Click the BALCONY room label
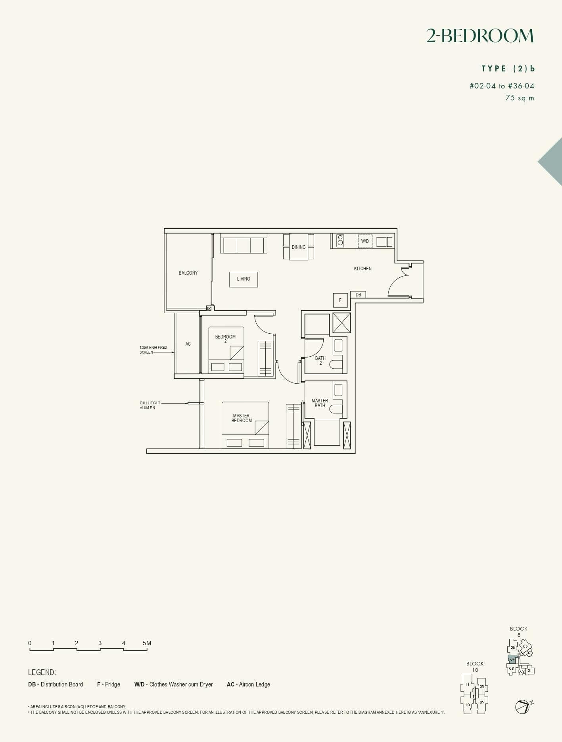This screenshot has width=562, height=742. pos(188,273)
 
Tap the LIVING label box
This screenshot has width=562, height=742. pos(244,279)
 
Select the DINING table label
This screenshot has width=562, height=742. pos(299,247)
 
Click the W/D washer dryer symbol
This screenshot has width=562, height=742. pos(365,241)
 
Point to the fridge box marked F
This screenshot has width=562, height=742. pos(340,300)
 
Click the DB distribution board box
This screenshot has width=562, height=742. pos(358,295)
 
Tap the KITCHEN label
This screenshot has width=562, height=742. pos(363,269)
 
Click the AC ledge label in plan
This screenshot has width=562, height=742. pos(188,344)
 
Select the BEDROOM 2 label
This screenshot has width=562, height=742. pos(225,339)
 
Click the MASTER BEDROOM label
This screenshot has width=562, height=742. pos(242,418)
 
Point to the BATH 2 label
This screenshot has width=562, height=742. pos(320,360)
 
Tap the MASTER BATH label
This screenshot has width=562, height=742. pos(320,403)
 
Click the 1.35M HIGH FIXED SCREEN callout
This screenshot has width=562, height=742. pos(153,350)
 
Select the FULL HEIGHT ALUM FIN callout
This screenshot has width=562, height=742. pos(150,405)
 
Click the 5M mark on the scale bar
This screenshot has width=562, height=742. pos(147,643)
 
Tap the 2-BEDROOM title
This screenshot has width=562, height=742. pos(480,36)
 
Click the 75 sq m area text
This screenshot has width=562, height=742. pos(520,98)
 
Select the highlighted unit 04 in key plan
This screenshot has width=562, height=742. pos(512,659)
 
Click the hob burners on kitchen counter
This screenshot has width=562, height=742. pos(340,240)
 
